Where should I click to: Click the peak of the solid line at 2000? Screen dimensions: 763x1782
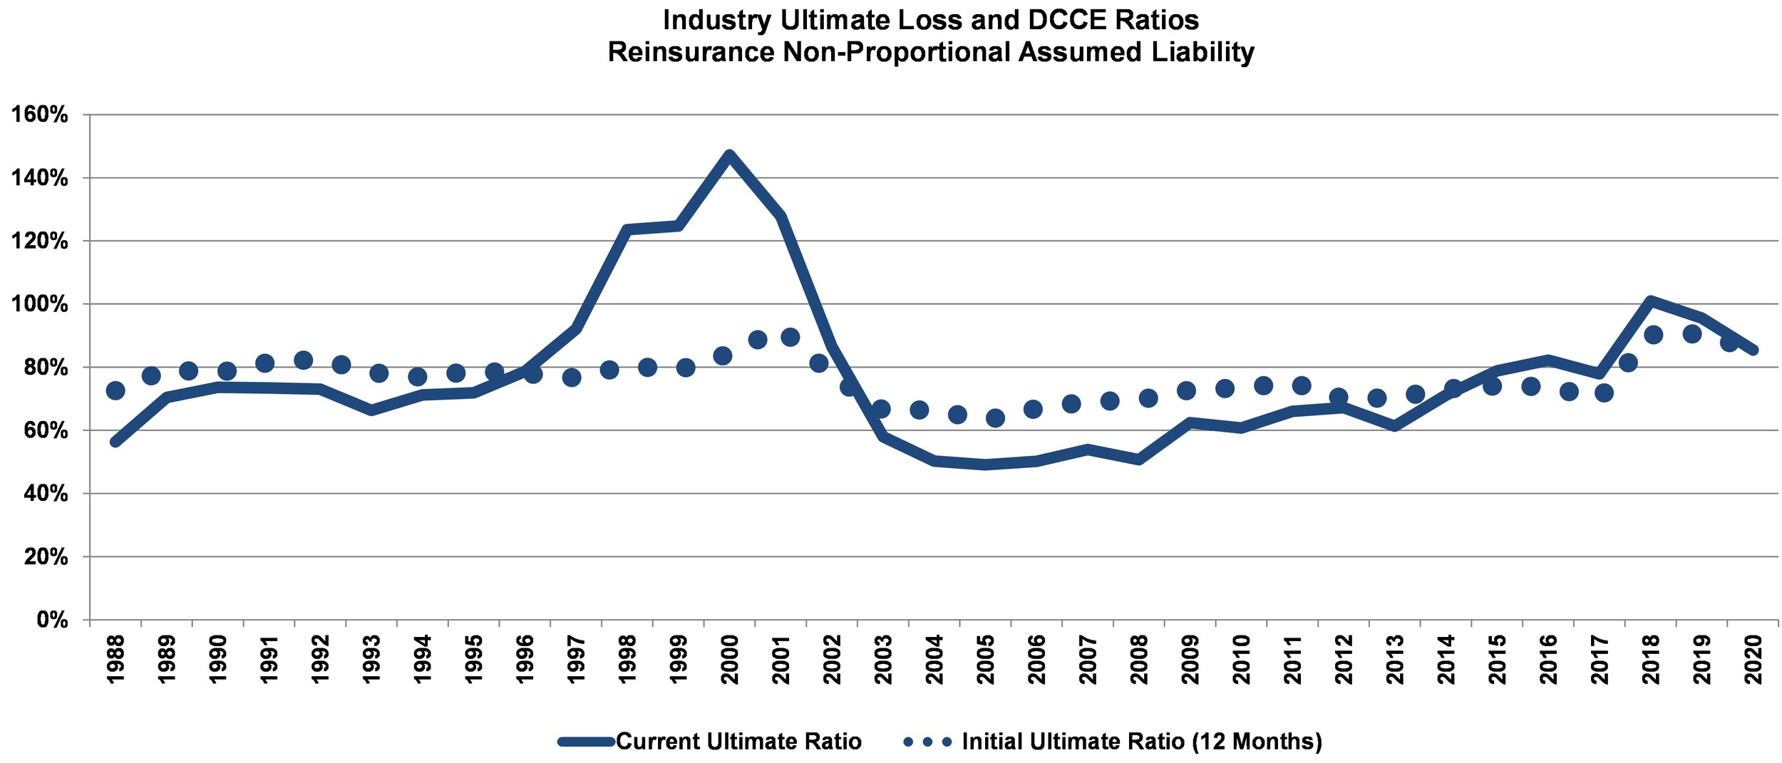[x=728, y=155]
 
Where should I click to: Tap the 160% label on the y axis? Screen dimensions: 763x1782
[x=40, y=115]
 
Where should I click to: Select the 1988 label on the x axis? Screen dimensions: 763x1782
[x=115, y=659]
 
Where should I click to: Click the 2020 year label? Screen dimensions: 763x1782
[x=1753, y=659]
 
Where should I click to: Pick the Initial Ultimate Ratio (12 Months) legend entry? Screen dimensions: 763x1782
[x=1112, y=742]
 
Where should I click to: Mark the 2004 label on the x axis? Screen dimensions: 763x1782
[x=934, y=659]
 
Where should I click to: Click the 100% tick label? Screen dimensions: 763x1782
[x=40, y=304]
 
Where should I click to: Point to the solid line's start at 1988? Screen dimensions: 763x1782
[x=115, y=442]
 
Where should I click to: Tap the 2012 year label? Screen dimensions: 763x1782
[x=1344, y=659]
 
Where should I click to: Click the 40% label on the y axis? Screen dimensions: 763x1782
[x=46, y=494]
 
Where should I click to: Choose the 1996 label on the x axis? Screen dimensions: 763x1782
[x=525, y=659]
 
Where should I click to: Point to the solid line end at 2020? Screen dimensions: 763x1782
[x=1753, y=349]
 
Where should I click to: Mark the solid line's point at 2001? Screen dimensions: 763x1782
[x=781, y=216]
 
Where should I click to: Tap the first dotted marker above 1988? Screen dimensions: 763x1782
[x=115, y=390]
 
